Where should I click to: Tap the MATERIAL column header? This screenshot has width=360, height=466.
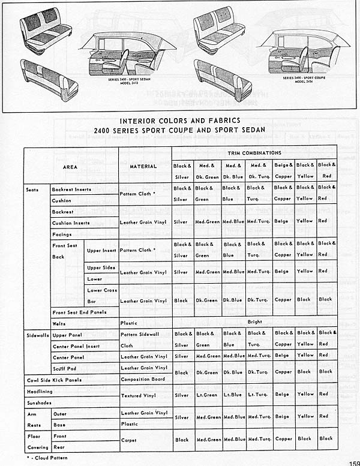[x=144, y=166]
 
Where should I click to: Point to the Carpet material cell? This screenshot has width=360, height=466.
[x=128, y=439]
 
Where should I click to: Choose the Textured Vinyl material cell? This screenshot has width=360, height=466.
[x=140, y=395]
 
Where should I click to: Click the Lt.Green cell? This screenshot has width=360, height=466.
[x=206, y=394]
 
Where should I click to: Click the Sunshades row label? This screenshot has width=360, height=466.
[x=40, y=402]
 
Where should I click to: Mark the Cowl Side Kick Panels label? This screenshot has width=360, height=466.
[x=54, y=380]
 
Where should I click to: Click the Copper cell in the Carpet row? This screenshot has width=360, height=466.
[x=283, y=438]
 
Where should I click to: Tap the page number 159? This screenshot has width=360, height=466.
[x=353, y=462]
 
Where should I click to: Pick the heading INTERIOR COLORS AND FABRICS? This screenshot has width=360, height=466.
[x=180, y=120]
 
